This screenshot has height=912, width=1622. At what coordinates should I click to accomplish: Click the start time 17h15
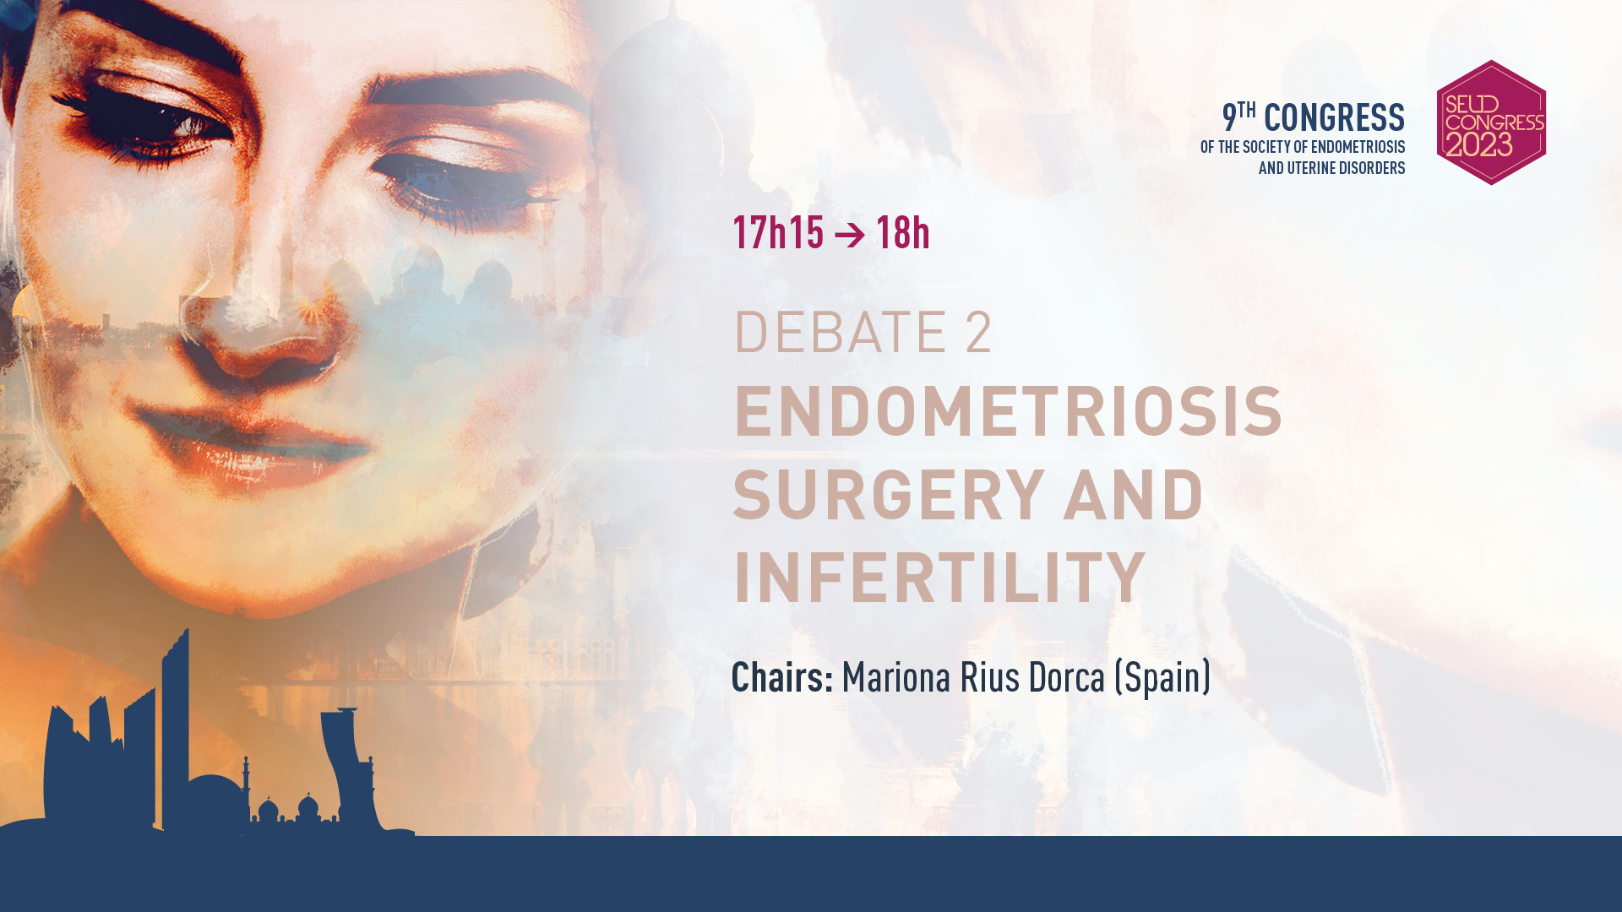click(778, 232)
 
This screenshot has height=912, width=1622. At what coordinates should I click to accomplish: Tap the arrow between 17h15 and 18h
click(850, 235)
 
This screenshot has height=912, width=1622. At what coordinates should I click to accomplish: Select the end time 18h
click(903, 232)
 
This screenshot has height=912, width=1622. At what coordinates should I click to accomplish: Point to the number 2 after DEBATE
click(978, 332)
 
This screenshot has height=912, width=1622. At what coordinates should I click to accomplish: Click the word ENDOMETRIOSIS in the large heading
click(1008, 411)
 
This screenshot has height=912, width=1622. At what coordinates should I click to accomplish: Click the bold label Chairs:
click(782, 677)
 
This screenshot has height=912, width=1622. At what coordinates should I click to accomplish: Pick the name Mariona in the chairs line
click(896, 677)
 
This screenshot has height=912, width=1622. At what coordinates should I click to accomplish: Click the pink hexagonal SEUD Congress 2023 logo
click(1491, 122)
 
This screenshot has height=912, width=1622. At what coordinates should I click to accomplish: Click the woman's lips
click(253, 439)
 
